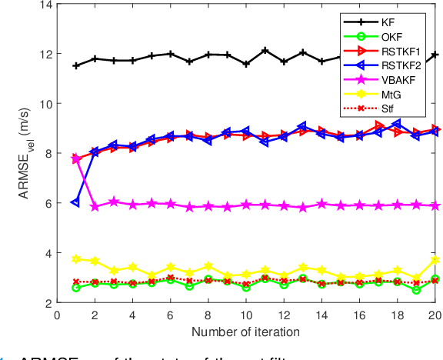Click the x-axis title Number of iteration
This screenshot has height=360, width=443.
pos(246,332)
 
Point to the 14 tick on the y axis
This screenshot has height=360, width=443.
pos(45,5)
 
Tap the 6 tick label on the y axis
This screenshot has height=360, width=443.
pos(48,204)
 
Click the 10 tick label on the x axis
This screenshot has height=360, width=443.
pos(246,315)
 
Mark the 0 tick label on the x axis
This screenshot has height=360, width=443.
pos(57,315)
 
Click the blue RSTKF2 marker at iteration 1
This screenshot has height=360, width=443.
pos(75,202)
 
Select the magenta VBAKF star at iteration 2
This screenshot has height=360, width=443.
pos(95,207)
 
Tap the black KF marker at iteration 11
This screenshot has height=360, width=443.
pos(265,51)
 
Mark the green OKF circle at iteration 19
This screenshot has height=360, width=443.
pos(417,290)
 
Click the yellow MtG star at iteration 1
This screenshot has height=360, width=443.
pos(75,259)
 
